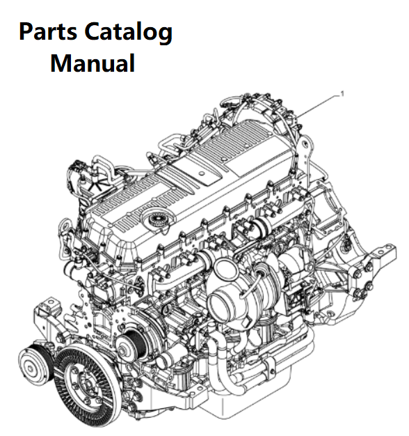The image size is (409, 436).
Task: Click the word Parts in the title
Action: pos(48,32)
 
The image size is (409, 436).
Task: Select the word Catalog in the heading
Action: pos(128,33)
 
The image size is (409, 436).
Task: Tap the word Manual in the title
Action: pos(93,63)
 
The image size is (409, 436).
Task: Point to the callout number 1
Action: pos(342,94)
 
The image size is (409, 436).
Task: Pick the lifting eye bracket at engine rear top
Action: pos(305,150)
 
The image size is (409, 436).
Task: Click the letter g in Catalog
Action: pos(166,36)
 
